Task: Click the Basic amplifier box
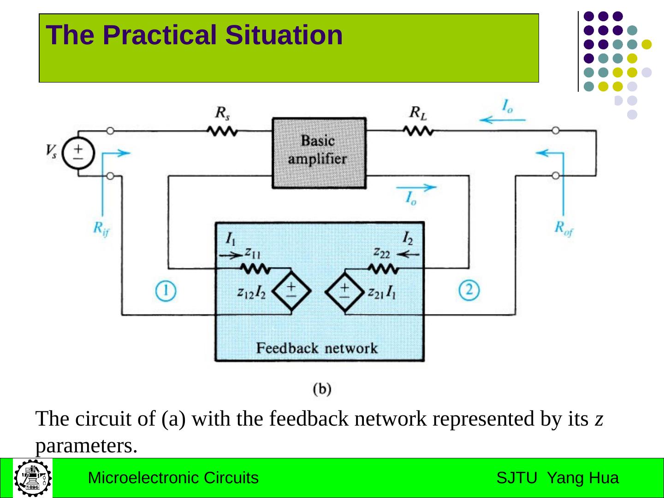pos(319,153)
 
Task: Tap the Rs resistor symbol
pos(222,131)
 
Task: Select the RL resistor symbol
pos(418,131)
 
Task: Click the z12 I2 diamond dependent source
pos(291,291)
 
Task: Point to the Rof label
pos(563,228)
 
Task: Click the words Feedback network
pos(317,348)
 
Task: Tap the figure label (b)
pos(322,389)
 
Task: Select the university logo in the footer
pos(33,477)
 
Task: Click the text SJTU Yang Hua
pos(557,478)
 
